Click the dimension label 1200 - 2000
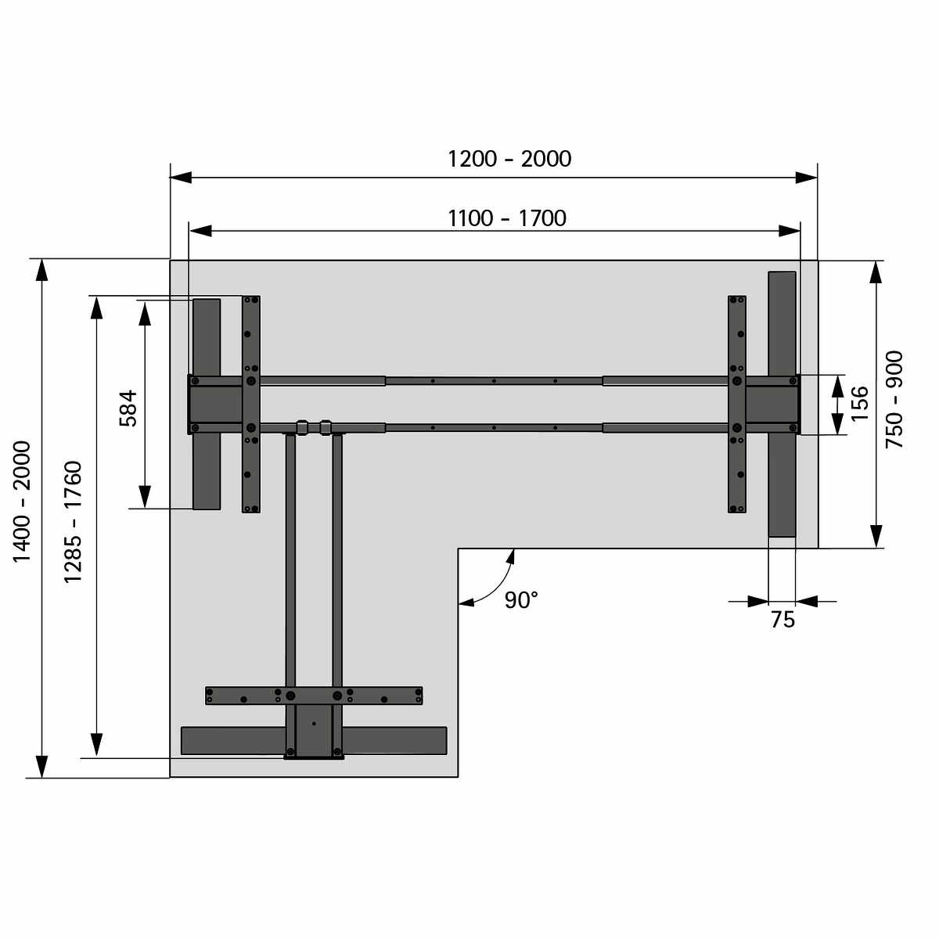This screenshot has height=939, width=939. tap(509, 160)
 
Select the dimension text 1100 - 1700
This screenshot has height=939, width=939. tap(507, 218)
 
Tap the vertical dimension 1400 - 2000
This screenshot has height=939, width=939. tap(22, 502)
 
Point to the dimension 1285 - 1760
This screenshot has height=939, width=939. tap(73, 521)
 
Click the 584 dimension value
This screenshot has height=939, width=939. tap(128, 408)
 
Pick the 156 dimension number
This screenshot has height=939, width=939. tap(859, 404)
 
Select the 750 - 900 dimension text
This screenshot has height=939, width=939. tap(894, 400)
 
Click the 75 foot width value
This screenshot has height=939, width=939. tap(782, 620)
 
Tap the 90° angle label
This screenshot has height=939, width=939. tap(521, 600)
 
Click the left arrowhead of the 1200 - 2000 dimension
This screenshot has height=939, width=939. tap(181, 178)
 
